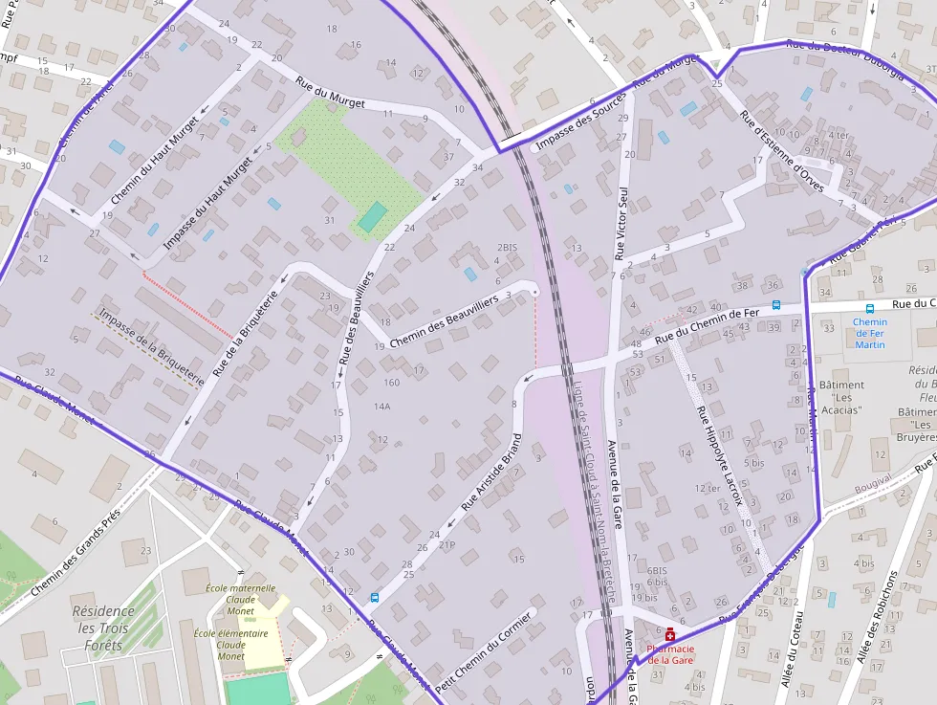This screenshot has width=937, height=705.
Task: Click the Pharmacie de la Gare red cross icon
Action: tap(670, 634)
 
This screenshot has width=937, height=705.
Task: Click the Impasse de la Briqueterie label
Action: tap(151, 346)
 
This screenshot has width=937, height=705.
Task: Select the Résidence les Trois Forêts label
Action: tap(103, 628)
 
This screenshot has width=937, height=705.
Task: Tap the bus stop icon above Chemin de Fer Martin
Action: tap(869, 308)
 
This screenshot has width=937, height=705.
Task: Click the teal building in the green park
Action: tap(373, 216)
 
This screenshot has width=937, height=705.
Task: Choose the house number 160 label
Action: tap(391, 383)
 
